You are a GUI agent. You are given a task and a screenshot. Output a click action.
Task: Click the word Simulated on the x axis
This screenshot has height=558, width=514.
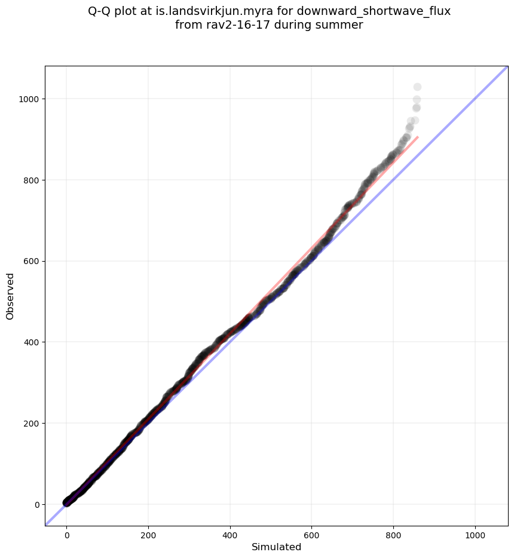tap(276, 547)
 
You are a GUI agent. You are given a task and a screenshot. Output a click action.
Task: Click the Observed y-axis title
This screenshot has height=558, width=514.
tap(10, 296)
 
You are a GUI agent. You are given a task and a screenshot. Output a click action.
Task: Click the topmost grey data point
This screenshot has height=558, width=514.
tap(417, 87)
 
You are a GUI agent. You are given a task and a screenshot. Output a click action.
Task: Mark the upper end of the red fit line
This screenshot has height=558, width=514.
tap(418, 137)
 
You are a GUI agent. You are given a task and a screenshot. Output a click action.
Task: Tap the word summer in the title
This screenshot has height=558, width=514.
tap(343, 25)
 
